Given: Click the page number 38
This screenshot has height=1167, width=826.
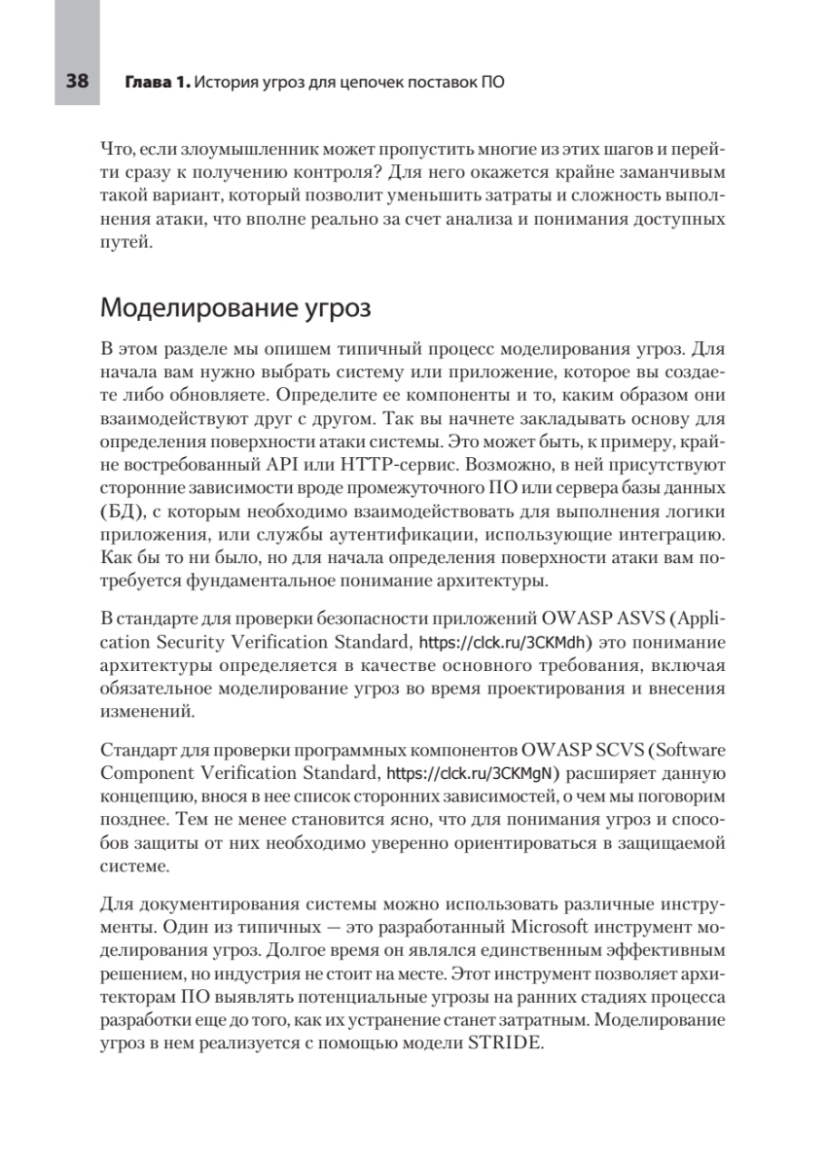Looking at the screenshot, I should pyautogui.click(x=78, y=83).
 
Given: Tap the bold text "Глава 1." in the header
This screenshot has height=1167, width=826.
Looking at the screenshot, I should pyautogui.click(x=157, y=83).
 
